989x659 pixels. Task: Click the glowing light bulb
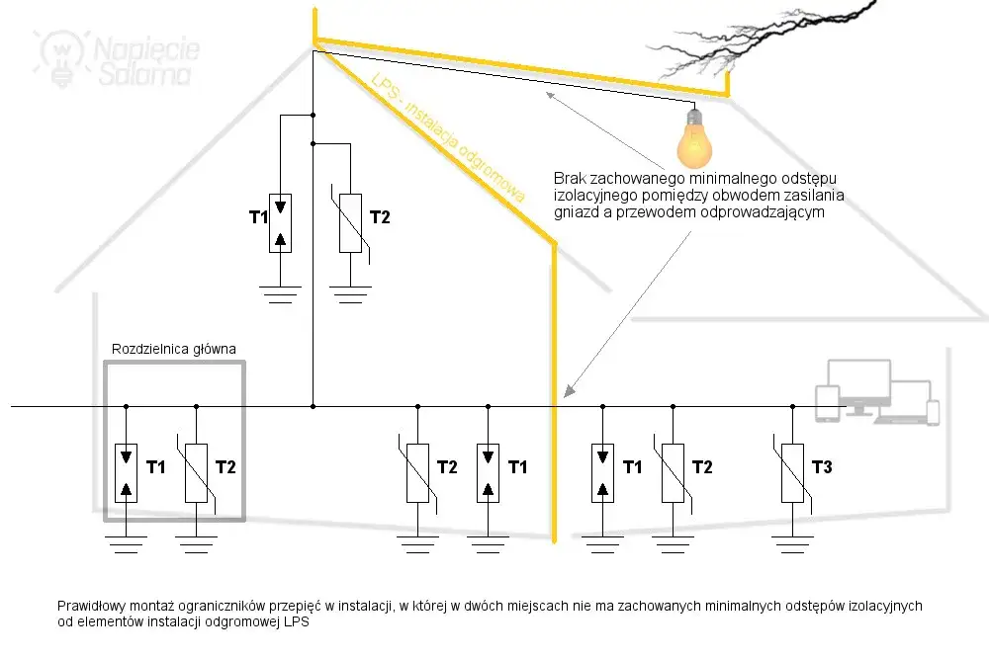(694, 139)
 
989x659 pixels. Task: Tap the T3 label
(822, 466)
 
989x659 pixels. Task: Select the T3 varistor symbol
(790, 473)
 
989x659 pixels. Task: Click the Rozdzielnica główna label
(174, 350)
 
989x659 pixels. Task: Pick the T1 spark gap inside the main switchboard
(126, 473)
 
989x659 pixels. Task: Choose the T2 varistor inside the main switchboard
(197, 473)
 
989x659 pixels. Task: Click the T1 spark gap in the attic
(281, 222)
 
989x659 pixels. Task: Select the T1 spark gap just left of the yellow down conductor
(488, 473)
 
